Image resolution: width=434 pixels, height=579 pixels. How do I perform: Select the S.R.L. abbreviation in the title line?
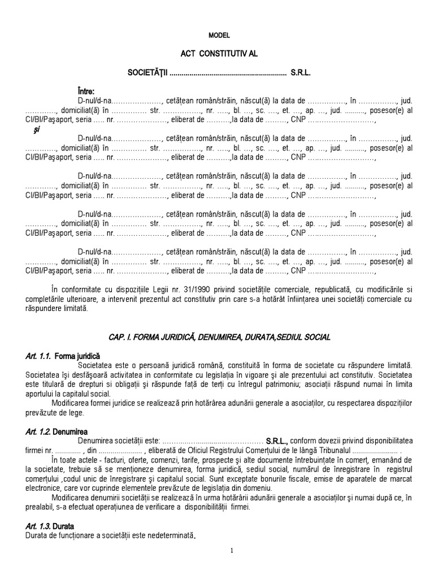pyautogui.click(x=301, y=73)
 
